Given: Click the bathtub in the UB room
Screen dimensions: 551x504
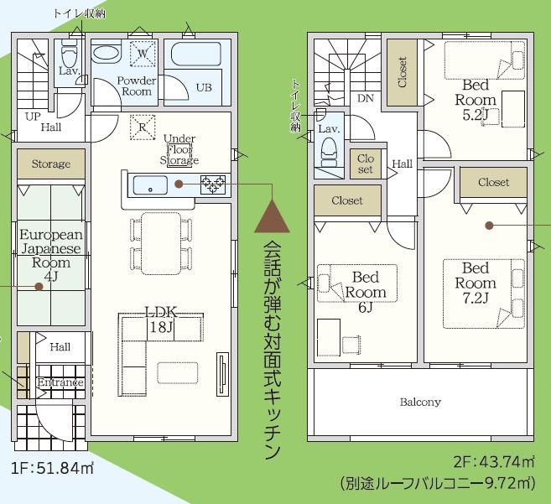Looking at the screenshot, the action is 195,55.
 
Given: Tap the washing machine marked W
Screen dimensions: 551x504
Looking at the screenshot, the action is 143,54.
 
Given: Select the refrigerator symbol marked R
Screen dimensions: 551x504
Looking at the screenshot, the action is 143,127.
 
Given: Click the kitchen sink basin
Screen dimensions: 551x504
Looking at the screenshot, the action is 150,185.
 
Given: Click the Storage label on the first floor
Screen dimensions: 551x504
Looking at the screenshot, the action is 51,164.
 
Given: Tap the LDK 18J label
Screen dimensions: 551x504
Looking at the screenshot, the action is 161,320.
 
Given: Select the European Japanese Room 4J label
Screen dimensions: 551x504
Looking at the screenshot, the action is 51,256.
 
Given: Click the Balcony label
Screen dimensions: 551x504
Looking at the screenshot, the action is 420,402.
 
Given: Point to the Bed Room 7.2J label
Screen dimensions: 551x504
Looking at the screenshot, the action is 476,283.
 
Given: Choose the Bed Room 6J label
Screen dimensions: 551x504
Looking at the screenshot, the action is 366,292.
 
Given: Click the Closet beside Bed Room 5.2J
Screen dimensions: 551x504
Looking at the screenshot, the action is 403,72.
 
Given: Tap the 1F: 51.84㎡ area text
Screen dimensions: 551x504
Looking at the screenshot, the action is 53,468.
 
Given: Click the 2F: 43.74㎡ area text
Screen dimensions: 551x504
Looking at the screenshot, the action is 494,461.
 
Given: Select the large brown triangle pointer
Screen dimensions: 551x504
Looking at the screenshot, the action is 272,216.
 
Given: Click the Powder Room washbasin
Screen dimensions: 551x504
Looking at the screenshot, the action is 107,54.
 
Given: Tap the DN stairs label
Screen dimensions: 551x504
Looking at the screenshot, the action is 366,98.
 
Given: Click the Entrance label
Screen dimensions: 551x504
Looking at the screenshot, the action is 60,382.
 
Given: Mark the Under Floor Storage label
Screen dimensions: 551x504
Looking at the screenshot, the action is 179,149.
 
